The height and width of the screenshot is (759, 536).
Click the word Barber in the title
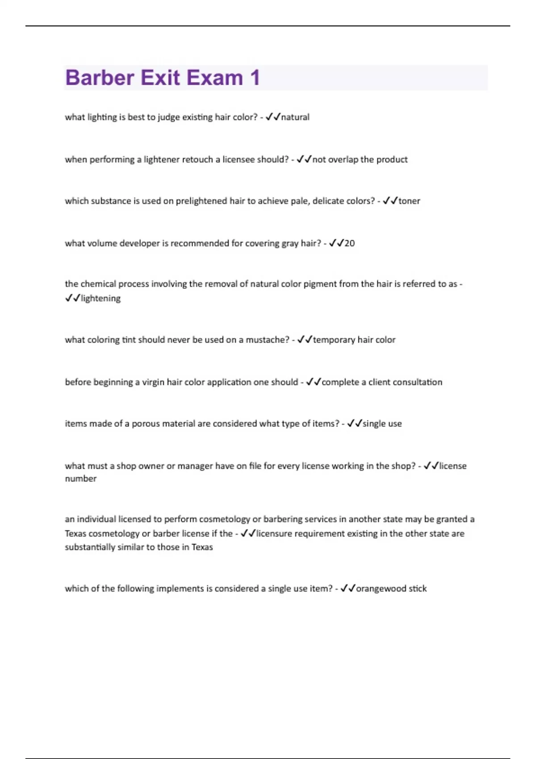(x=100, y=78)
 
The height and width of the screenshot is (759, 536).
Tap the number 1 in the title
(x=255, y=78)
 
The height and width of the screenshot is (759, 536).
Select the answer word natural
(x=295, y=117)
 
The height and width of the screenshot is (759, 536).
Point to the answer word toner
(x=409, y=201)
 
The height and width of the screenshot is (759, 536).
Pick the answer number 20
(x=350, y=243)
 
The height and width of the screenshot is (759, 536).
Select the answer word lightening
(x=100, y=298)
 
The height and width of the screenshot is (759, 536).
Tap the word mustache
(x=267, y=340)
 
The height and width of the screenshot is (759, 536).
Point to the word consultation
(x=415, y=382)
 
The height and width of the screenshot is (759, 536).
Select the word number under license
(x=80, y=479)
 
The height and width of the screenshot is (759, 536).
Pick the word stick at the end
(x=418, y=589)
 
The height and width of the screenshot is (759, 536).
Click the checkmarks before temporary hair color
(x=305, y=340)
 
